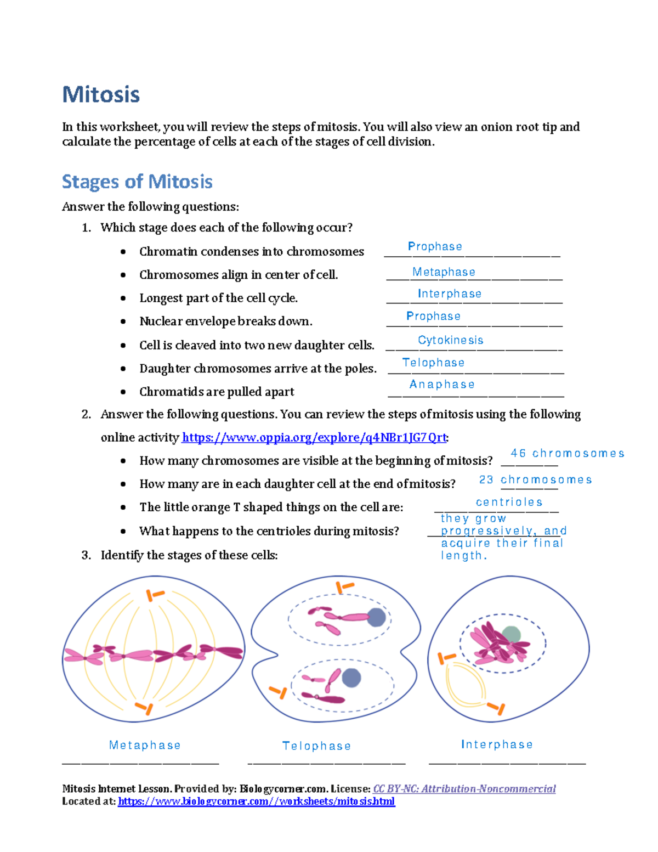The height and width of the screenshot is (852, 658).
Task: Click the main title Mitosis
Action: tap(101, 94)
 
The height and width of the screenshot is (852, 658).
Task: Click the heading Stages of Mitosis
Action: tap(137, 182)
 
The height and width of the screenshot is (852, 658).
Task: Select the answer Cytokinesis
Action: tap(450, 340)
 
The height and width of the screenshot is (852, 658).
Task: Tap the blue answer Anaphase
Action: tap(442, 385)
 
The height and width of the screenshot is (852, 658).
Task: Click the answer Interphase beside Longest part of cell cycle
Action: tap(449, 294)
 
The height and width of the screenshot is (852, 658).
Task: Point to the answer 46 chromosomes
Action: tap(567, 454)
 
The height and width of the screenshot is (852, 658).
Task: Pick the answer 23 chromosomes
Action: tap(535, 480)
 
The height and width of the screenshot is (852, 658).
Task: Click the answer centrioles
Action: tap(509, 503)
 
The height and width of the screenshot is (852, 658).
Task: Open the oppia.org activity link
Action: tap(314, 438)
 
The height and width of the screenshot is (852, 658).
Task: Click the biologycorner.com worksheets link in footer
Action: tap(256, 802)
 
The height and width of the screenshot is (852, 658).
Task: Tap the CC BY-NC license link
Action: tap(464, 789)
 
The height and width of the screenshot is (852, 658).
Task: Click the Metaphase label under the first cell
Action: tap(145, 746)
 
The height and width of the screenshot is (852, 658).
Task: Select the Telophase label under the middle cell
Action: tap(316, 746)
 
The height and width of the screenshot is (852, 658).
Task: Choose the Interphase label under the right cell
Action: tap(497, 745)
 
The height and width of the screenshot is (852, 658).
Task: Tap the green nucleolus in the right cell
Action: tap(511, 635)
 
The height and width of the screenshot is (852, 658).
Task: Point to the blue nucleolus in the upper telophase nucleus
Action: tap(376, 617)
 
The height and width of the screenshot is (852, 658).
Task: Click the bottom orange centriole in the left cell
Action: tap(145, 708)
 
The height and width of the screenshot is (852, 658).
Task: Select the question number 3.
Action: tap(86, 555)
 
